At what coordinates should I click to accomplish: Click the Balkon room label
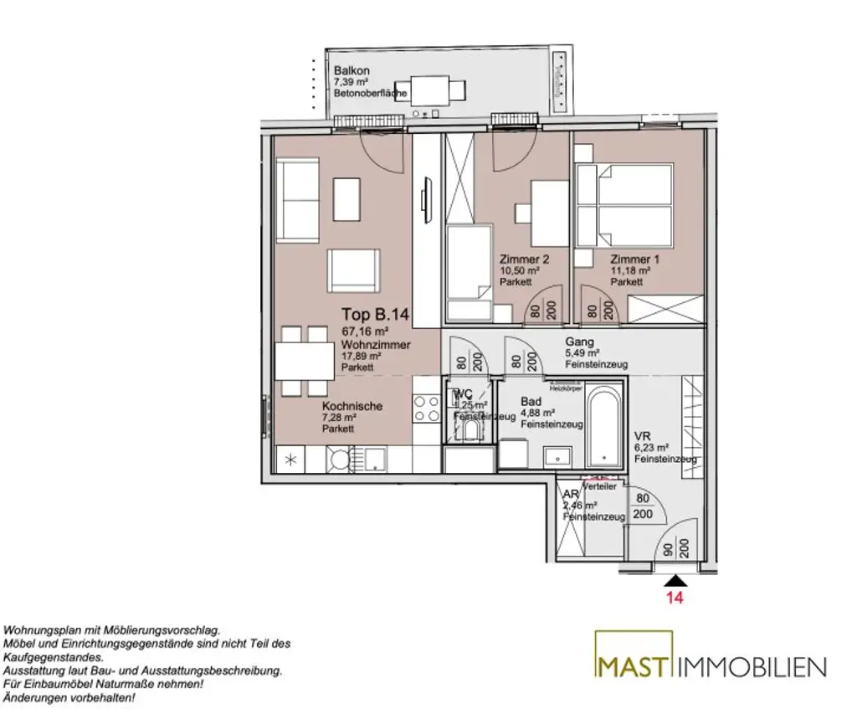point(351,71)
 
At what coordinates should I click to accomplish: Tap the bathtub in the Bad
point(603,426)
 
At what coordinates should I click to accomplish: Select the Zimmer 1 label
point(634,259)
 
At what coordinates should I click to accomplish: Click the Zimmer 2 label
point(524,259)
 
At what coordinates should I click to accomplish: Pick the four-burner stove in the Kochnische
point(425,408)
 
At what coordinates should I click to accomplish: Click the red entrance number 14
point(675,599)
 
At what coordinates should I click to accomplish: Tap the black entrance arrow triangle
point(675,580)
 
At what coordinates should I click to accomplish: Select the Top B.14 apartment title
point(374,316)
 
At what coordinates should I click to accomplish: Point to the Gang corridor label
point(579,342)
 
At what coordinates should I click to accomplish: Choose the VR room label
point(642,435)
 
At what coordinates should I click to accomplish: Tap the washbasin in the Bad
point(556,456)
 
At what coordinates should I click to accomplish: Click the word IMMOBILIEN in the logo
point(752,666)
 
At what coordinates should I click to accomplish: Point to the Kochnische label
point(352,406)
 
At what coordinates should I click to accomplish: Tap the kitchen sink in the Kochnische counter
point(373,458)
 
